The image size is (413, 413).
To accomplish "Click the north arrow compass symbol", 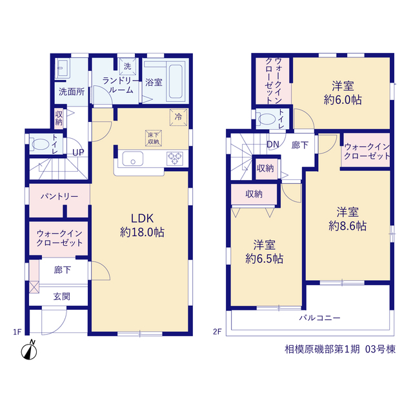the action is coord(29,350).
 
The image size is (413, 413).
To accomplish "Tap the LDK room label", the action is coord(142,219).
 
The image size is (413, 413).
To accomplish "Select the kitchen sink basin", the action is coord(133,159).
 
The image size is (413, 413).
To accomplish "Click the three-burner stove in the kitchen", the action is coord(175,159).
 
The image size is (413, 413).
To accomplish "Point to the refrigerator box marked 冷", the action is coord(178,117).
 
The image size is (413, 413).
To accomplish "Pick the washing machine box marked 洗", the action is coord(128,66).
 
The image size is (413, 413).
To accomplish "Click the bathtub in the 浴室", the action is coord(176,81).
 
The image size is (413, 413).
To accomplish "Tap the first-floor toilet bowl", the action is coord(40,145).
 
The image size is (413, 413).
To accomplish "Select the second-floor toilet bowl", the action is coord(267,119).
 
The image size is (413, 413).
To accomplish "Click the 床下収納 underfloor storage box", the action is coord(154,138).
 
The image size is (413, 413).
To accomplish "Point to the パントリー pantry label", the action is coord(59,196).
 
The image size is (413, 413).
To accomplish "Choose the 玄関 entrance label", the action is coord(62,297).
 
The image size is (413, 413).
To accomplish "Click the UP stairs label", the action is coord(78,152).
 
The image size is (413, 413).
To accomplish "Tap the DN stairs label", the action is coord(272,145).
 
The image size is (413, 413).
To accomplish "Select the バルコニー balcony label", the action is coord(319,318).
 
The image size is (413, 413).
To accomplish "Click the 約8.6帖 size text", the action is coord(347,226).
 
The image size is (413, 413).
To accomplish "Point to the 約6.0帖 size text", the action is coord(343,100).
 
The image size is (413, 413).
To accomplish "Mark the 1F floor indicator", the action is coord(17,332).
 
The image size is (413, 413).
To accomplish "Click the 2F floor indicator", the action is coord(217,332).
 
